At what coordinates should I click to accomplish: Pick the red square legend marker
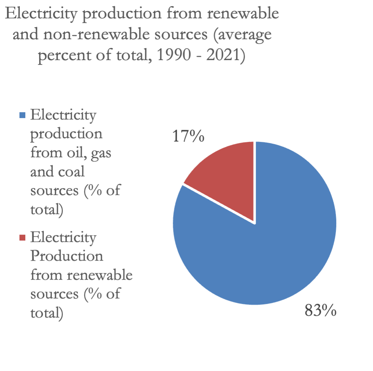click(x=22, y=238)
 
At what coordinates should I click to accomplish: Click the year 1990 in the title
click(x=171, y=56)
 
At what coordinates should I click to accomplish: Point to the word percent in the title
click(x=60, y=57)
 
